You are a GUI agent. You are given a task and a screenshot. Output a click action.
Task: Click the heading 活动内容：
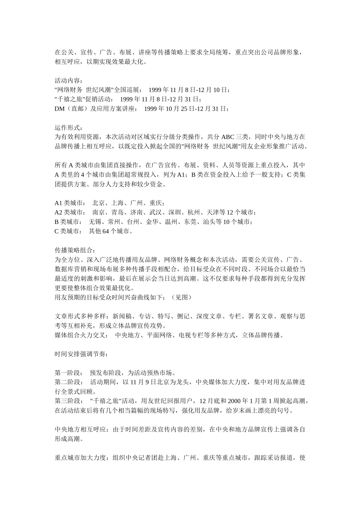pyautogui.click(x=69, y=81)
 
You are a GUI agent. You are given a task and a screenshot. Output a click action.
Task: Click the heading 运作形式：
pyautogui.click(x=69, y=128)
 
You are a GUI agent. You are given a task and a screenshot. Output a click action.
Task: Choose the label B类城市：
pyautogui.click(x=69, y=222)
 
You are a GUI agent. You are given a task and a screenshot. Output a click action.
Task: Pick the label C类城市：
pyautogui.click(x=69, y=231)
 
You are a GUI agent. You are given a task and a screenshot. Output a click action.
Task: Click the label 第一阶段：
pyautogui.click(x=69, y=373)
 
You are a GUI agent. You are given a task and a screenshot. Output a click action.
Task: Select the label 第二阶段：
pyautogui.click(x=69, y=383)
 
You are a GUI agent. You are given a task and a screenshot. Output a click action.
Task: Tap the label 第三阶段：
pyautogui.click(x=69, y=401)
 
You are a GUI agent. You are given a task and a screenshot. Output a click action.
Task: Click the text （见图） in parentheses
pyautogui.click(x=181, y=297)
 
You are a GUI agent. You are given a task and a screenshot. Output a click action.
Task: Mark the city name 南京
pyautogui.click(x=99, y=212)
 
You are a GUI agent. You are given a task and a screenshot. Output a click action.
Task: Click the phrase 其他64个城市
pyautogui.click(x=110, y=231)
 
